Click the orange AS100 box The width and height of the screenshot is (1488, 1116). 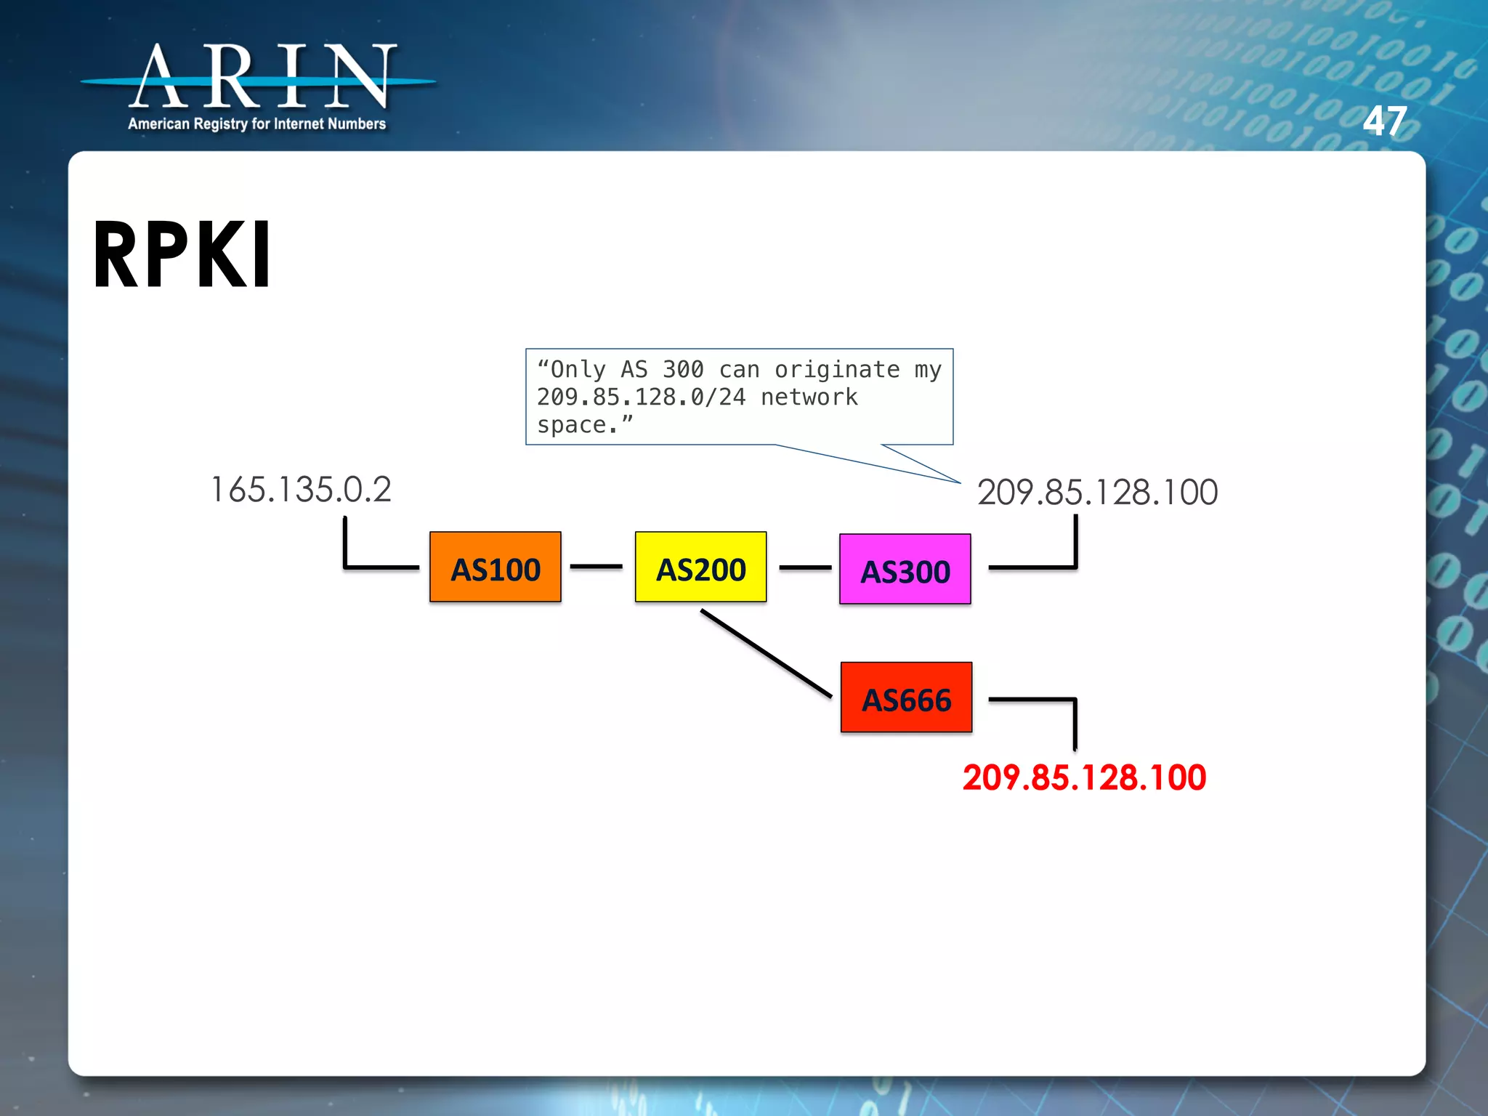coord(496,567)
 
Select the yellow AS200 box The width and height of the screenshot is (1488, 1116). coord(700,567)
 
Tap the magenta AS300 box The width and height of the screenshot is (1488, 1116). coord(905,570)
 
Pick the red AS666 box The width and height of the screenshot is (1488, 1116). coord(906,697)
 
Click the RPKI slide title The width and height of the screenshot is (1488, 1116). coord(182,255)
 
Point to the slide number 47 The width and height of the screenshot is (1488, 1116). coord(1384,121)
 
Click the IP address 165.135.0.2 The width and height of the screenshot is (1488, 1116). coord(301,490)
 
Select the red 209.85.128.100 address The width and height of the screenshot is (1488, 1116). coord(1084,777)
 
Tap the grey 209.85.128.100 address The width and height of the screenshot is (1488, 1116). coord(1097,493)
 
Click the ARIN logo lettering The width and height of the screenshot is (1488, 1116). coord(262,76)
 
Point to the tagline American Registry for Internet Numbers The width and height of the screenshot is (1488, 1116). coord(256,124)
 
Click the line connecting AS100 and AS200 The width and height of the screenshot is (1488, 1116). coord(597,566)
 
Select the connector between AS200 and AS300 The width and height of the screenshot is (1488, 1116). coord(805,567)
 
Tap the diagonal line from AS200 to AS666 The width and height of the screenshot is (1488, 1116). coord(767,653)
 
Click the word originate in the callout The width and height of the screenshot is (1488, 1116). coord(837,370)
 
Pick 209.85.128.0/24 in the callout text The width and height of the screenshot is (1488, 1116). coord(641,397)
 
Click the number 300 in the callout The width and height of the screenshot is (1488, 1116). coord(683,370)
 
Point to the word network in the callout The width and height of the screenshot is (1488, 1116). coord(809,397)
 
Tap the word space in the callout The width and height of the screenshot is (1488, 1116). coord(572,425)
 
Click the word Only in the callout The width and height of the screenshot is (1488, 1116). coord(578,370)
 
